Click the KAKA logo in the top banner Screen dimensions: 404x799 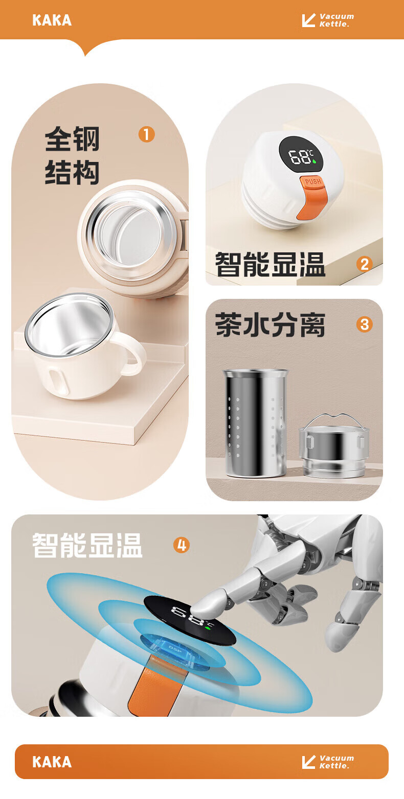(52, 20)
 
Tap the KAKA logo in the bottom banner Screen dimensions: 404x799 (52, 762)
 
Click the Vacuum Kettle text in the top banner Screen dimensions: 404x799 (336, 20)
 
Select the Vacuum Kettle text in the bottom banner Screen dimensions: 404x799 (336, 762)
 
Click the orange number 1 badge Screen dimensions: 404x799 (146, 134)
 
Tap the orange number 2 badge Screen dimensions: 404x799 (364, 264)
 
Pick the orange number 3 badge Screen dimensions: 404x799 (364, 324)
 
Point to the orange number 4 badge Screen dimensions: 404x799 (182, 546)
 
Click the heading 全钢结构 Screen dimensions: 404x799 (72, 155)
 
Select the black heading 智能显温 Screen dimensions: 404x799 (270, 264)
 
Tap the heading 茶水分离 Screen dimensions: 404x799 (270, 324)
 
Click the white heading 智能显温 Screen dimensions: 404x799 (87, 546)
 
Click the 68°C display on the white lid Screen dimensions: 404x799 (301, 156)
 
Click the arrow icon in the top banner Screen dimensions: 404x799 (309, 20)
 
